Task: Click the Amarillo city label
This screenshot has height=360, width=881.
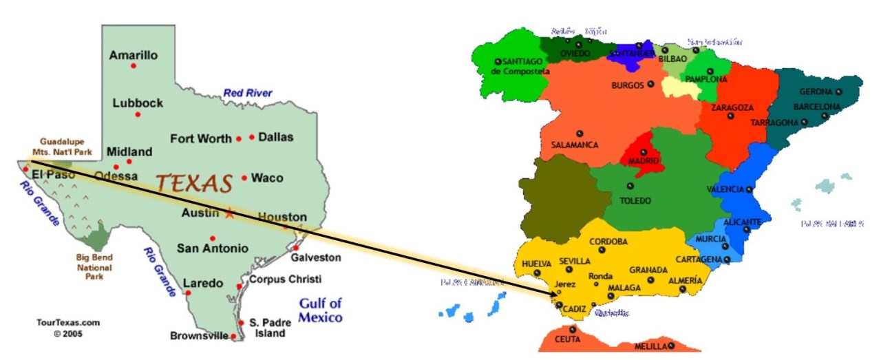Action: tap(134, 55)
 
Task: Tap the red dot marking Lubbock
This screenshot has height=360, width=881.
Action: tap(138, 114)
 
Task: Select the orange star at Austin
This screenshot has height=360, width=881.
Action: tap(230, 213)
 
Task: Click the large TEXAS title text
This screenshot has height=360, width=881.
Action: tap(193, 184)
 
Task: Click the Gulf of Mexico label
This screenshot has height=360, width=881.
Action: tap(320, 310)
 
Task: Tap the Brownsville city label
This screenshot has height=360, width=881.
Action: tap(199, 336)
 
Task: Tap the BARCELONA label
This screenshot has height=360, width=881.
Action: tap(817, 107)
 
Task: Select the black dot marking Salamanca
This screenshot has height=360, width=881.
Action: tap(580, 133)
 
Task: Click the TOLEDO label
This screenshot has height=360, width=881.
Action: tap(635, 201)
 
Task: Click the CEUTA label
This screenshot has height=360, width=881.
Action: tap(567, 339)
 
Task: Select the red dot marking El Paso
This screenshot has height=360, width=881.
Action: tap(26, 169)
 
